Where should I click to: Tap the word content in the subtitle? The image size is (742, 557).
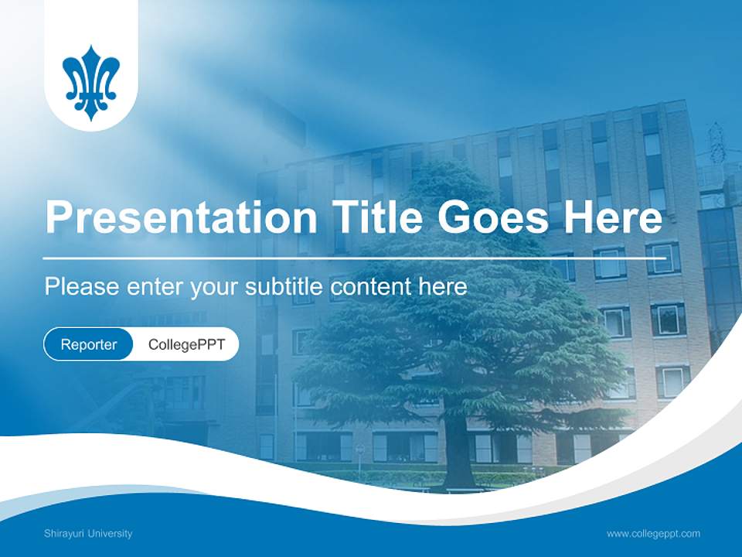pos(371,287)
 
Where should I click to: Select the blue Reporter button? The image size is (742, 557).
pos(89,344)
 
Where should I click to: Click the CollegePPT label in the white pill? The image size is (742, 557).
pos(186,344)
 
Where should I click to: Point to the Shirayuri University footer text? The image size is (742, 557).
pos(88,533)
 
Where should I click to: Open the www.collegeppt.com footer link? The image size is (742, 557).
pos(653,533)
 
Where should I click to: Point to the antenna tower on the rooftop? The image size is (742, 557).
pos(716,143)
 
